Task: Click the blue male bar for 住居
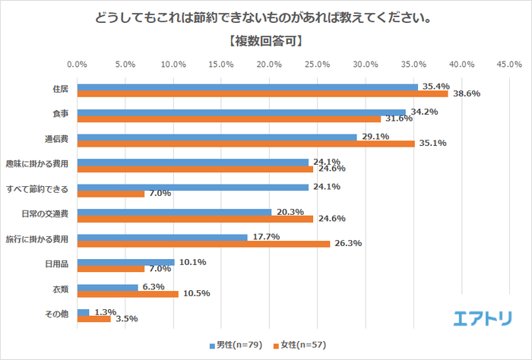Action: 247,87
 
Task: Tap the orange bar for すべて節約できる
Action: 111,194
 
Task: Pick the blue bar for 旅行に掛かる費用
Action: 162,237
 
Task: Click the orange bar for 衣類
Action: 128,293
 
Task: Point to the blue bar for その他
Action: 84,312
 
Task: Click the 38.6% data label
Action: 466,94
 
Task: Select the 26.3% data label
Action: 347,244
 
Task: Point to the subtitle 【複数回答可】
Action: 265,41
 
